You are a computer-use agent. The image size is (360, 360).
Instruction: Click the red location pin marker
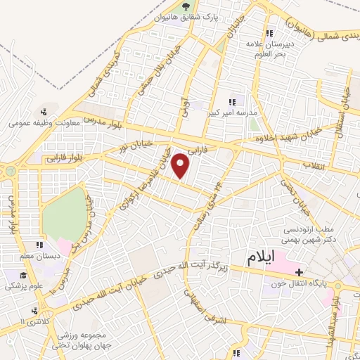(182, 166)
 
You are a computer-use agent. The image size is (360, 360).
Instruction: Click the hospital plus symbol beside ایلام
(300, 271)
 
